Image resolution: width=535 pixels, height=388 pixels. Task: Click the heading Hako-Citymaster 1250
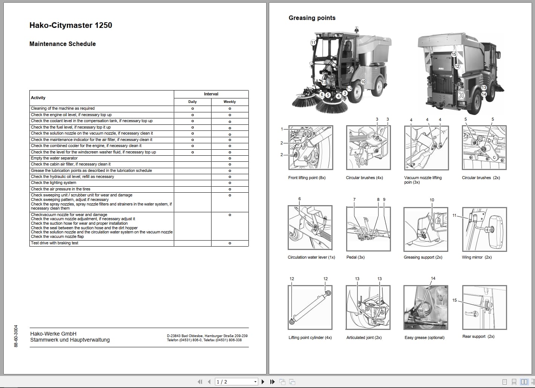71,25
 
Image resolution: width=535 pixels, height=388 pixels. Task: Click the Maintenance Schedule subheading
63,44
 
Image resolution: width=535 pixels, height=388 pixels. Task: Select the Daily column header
192,102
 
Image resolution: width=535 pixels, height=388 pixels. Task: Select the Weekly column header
230,102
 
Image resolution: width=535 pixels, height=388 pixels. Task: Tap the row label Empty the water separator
54,158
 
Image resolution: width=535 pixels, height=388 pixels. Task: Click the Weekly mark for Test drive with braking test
230,243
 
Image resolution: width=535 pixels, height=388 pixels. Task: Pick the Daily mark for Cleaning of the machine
192,109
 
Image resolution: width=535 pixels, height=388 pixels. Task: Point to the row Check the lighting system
54,183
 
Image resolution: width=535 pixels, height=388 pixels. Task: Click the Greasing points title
312,18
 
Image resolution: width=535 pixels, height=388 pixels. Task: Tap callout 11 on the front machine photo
313,43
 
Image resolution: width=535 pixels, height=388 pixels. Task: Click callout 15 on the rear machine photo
454,54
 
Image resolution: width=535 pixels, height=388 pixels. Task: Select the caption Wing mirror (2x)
477,257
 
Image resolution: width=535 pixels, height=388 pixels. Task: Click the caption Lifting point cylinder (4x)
310,337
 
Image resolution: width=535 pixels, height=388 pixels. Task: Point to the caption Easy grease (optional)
424,337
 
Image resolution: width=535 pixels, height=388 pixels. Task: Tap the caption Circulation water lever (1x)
311,257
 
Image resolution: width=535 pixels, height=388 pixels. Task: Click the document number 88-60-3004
16,336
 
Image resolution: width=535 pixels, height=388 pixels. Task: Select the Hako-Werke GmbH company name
53,334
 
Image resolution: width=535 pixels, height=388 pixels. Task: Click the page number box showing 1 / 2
236,382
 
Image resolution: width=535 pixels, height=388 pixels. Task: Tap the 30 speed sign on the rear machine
461,95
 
